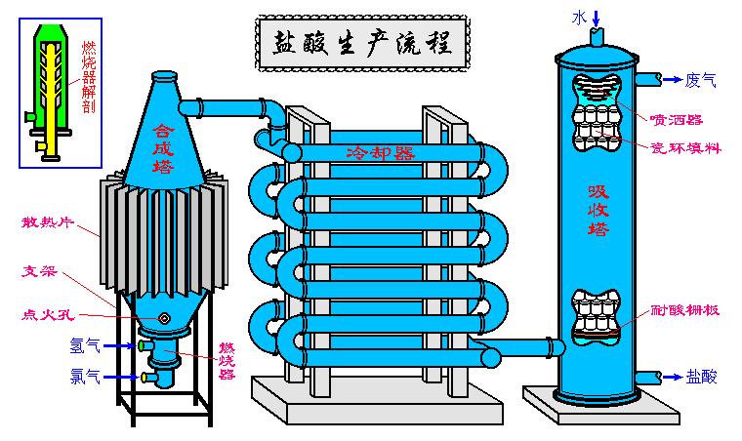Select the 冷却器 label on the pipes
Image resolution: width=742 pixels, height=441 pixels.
point(380,153)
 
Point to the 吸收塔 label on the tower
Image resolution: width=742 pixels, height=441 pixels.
point(598,210)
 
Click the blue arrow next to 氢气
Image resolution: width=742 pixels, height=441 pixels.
point(119,345)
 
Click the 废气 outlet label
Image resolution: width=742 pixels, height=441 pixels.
point(701,80)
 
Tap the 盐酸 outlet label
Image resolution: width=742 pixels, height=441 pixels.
point(702,376)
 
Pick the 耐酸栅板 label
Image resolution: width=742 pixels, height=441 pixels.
point(686,312)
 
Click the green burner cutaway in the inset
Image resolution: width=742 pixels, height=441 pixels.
point(50,82)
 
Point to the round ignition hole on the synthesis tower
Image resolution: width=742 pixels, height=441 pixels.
point(166,318)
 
